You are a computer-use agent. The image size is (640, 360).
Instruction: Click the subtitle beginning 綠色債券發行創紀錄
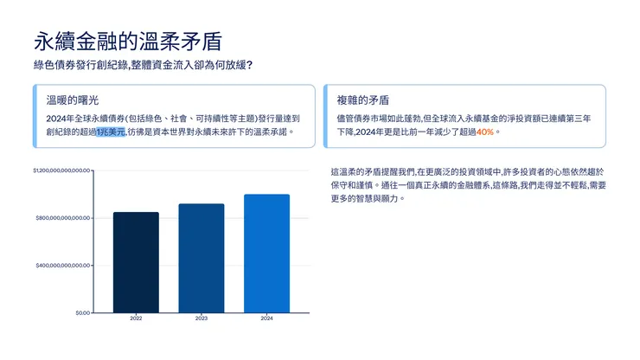[142, 66]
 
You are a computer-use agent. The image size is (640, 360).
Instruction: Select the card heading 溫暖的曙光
[67, 100]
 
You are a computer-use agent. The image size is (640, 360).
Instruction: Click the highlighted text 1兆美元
[111, 132]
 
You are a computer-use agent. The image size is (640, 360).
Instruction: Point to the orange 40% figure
[484, 132]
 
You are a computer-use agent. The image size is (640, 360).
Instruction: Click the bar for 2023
[201, 258]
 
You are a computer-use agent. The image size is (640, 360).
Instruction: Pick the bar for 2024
[266, 253]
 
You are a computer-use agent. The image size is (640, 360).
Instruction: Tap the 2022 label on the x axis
[136, 319]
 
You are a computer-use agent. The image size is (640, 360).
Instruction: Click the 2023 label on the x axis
[201, 319]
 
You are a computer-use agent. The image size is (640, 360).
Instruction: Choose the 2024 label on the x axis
[266, 319]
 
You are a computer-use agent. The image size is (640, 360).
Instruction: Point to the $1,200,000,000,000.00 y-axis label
[61, 170]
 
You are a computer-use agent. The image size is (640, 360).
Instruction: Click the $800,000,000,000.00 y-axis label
[63, 218]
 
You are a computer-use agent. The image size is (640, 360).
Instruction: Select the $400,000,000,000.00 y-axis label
[63, 265]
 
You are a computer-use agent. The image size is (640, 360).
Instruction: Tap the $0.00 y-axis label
[82, 312]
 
